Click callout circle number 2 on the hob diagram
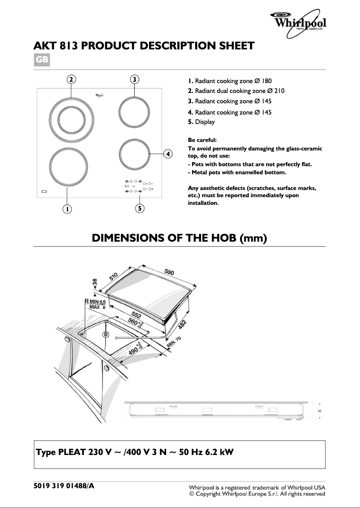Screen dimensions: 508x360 [x=71, y=80]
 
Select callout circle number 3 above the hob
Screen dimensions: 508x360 [x=135, y=80]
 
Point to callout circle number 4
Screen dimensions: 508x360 [x=167, y=154]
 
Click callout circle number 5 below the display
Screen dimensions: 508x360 [x=140, y=208]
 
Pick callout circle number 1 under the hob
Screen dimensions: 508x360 [x=66, y=209]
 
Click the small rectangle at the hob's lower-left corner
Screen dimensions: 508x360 [x=44, y=191]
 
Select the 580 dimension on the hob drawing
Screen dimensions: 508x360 [x=169, y=272]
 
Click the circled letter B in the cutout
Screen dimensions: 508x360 [x=106, y=335]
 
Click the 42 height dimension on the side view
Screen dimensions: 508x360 [x=320, y=411]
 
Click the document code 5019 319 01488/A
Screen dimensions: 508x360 [x=64, y=486]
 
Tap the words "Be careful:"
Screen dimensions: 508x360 [x=202, y=140]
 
